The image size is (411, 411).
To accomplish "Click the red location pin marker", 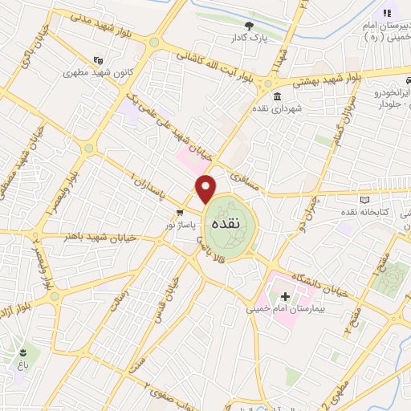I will click(207, 188).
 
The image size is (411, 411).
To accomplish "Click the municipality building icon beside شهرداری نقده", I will click(277, 97).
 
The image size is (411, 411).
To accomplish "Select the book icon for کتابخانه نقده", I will click(365, 199).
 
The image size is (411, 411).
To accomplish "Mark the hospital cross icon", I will click(285, 296).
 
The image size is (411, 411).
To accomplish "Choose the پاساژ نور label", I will click(180, 226).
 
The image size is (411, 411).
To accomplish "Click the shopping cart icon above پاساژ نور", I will click(180, 213).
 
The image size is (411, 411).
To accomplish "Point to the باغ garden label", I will click(22, 364).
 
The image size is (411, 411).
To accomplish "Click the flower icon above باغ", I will click(22, 352).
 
